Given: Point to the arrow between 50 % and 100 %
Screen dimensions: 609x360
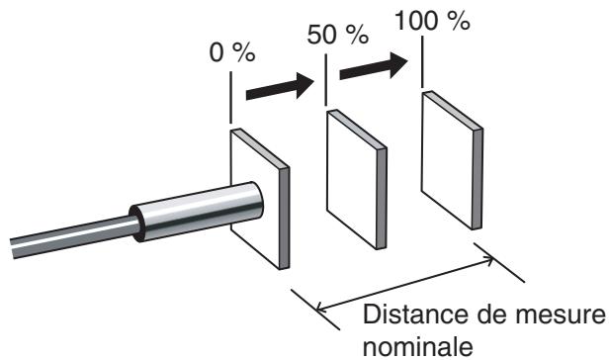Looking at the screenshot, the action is pyautogui.click(x=374, y=68).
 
